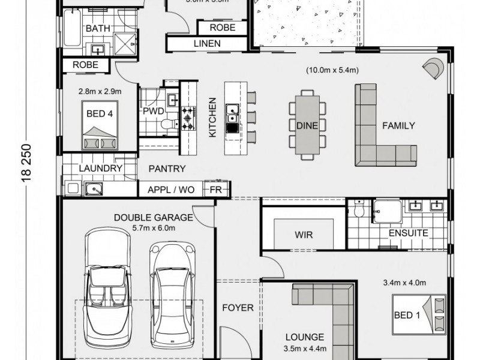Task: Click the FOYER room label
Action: point(238,308)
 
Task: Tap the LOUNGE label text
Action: point(305,337)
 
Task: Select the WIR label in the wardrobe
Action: point(304,235)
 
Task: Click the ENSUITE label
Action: point(408,233)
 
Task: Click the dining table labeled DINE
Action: point(307,125)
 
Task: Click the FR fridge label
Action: point(214,190)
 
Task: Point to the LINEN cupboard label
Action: point(207,43)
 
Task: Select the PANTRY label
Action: point(167,169)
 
